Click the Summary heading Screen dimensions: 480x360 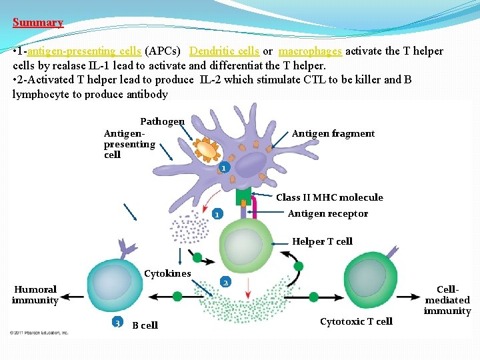click(37, 23)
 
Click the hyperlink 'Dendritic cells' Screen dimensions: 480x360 click(224, 51)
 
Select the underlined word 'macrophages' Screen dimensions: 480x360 click(310, 51)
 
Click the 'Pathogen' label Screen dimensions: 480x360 click(162, 121)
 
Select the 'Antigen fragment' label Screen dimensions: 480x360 click(333, 133)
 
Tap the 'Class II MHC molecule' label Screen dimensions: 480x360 click(329, 197)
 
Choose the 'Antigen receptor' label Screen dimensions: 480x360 click(327, 213)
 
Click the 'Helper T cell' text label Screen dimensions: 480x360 click(322, 241)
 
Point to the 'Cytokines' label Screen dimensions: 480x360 click(167, 273)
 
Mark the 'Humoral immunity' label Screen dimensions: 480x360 click(35, 295)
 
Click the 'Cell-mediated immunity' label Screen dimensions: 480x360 click(447, 300)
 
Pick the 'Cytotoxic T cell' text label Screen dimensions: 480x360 click(356, 321)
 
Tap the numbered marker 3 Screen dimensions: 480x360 click(117, 323)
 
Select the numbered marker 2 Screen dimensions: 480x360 click(225, 283)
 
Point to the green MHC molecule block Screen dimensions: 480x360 click(243, 197)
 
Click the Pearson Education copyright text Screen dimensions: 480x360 click(39, 331)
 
